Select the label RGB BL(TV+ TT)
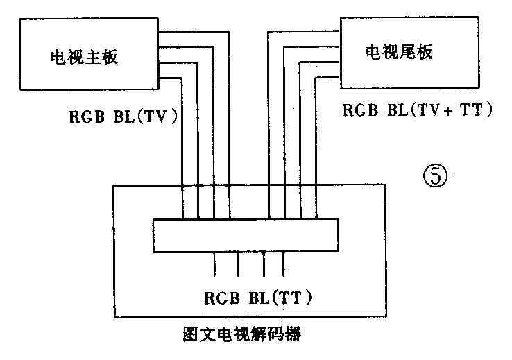tap(418, 110)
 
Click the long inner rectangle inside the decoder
tap(246, 236)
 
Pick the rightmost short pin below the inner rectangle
tap(284, 264)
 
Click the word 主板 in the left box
tap(103, 57)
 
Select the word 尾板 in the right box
tap(418, 52)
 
